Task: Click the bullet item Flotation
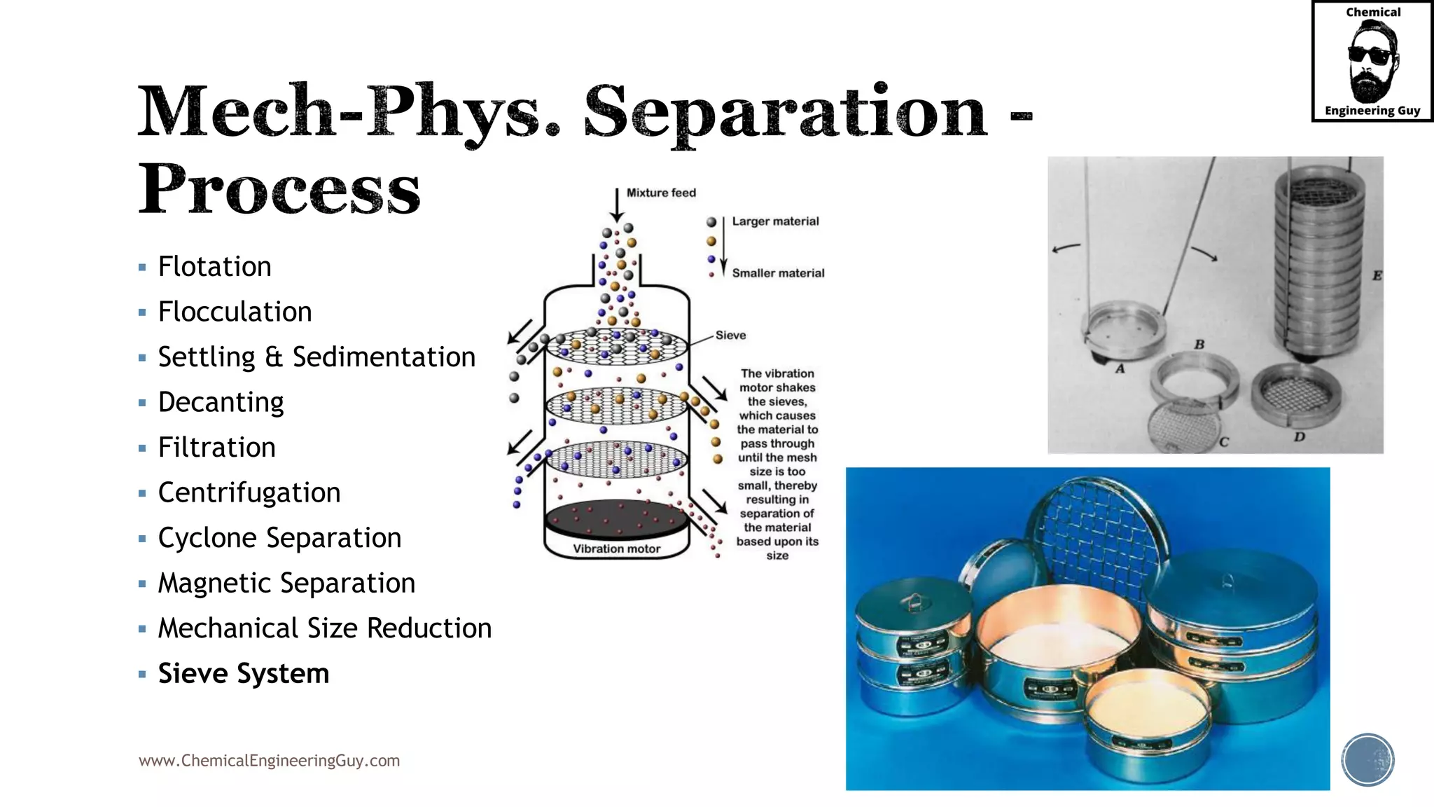214,267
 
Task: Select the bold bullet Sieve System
243,674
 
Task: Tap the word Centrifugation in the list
249,493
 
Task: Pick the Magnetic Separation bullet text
286,584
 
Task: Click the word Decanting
221,403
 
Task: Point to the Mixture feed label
660,193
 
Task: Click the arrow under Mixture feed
617,205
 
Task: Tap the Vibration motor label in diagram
616,549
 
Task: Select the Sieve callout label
730,336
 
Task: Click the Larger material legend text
775,221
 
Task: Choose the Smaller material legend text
778,273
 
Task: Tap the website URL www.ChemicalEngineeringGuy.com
269,761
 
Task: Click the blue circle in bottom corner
1367,760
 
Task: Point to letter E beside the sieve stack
1377,276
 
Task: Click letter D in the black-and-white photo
1299,437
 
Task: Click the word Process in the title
279,189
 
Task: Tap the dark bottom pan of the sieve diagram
616,519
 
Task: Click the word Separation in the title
785,112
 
